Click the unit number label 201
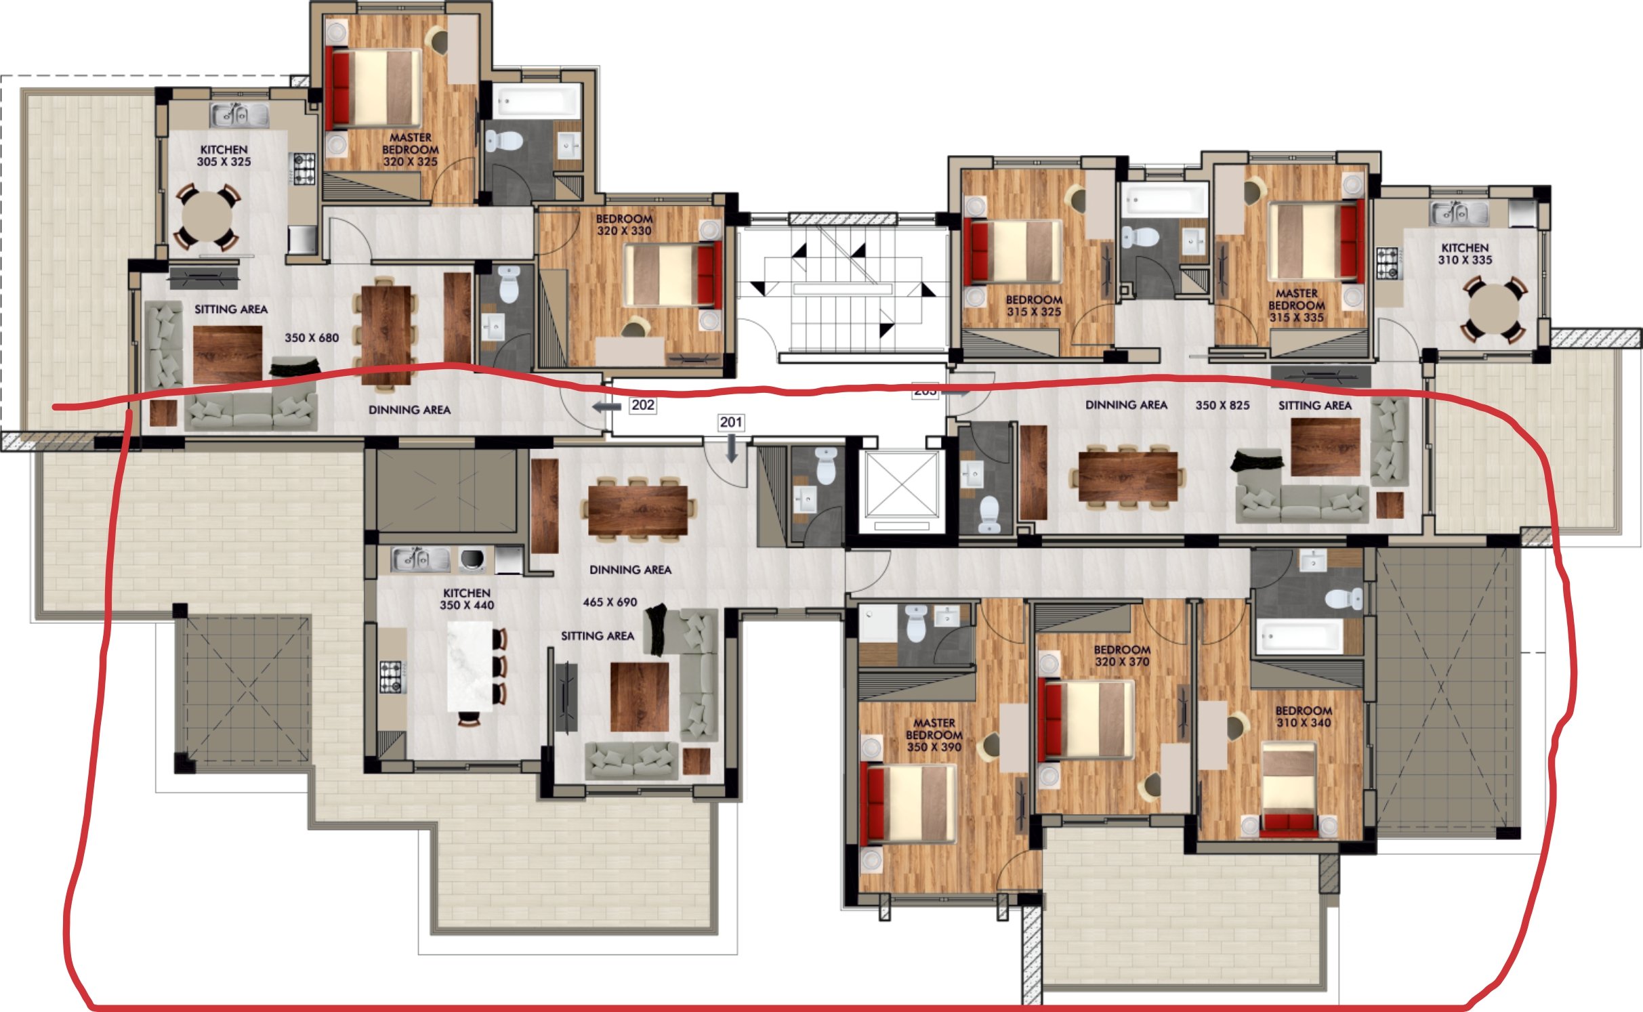tap(731, 423)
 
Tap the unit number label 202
tap(642, 405)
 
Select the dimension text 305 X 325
tap(224, 162)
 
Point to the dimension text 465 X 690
tap(610, 602)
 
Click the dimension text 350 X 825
tap(1222, 405)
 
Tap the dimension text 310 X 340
tap(1304, 723)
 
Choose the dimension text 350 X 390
tap(934, 747)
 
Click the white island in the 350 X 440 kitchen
tap(471, 667)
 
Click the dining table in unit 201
tap(638, 511)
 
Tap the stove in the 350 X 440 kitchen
tap(392, 677)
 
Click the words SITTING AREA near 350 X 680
tap(231, 310)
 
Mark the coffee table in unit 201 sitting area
tap(640, 697)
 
